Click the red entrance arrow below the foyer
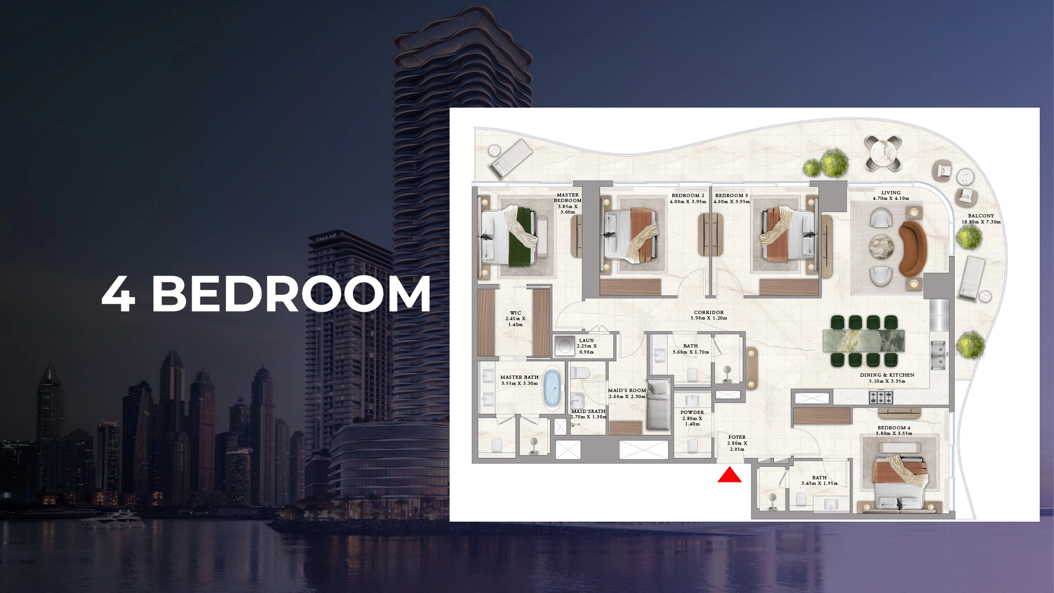pos(730,475)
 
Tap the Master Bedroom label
pos(567,198)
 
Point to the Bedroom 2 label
pos(688,195)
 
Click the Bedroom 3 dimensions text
pos(732,202)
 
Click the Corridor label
pos(709,312)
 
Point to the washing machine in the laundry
pos(564,346)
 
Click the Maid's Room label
pos(627,390)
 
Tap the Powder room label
pos(692,412)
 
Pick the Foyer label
pos(737,437)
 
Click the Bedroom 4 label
pos(894,428)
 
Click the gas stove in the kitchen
pos(881,396)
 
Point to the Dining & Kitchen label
pos(887,375)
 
